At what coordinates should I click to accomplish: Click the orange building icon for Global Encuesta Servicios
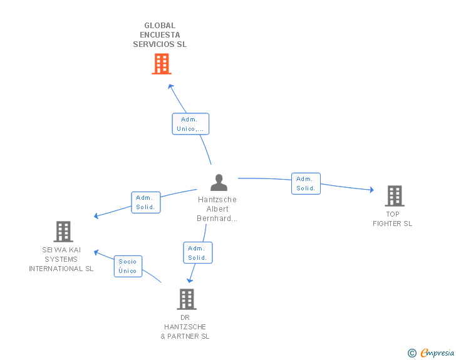161,64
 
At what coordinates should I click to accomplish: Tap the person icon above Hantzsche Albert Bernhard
219,182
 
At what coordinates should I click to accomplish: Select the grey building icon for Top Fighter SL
394,196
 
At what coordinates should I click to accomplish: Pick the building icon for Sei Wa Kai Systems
63,232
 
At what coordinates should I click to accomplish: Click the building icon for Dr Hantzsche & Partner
186,299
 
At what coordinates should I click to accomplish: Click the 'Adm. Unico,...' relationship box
190,124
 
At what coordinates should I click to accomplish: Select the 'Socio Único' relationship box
127,266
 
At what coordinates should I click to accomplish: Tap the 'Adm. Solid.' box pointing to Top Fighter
306,183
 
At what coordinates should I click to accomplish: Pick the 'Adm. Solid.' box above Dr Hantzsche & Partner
198,253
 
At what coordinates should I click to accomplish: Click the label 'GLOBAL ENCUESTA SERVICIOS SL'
160,35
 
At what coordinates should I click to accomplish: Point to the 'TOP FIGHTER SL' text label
393,219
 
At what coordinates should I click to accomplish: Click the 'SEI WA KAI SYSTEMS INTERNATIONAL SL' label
61,259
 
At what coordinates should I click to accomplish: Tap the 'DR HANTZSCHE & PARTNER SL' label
185,327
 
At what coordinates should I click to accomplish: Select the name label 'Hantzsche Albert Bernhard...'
217,209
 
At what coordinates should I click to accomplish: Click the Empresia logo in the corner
437,353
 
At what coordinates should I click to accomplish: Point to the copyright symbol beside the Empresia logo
412,353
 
